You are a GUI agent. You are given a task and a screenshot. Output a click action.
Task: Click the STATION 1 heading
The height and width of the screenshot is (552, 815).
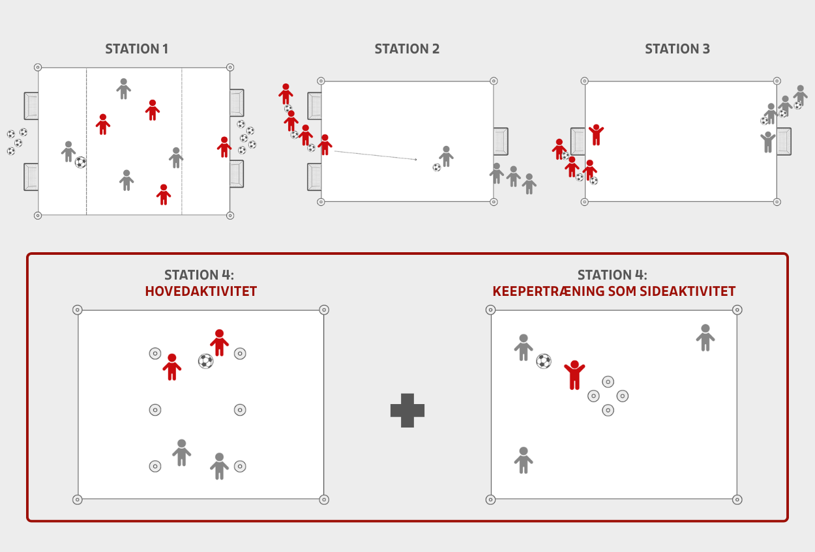click(x=137, y=49)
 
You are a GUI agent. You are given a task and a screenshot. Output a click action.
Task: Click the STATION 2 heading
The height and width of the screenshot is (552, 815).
click(x=407, y=49)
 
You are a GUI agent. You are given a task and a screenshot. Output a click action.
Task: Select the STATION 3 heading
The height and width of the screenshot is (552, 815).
click(x=677, y=49)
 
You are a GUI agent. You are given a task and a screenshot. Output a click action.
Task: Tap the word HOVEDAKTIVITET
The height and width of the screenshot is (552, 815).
click(x=201, y=291)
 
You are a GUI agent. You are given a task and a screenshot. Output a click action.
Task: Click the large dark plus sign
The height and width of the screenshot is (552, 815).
click(x=407, y=411)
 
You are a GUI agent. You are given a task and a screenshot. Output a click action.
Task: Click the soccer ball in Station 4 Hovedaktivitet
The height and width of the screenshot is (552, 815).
click(x=205, y=361)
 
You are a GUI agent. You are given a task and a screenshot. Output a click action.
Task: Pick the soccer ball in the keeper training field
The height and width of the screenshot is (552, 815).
click(x=544, y=361)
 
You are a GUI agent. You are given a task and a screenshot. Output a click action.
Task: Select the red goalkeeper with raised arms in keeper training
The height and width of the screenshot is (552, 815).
click(x=574, y=375)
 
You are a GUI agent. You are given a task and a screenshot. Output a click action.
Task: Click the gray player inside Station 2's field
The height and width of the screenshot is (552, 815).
click(x=446, y=156)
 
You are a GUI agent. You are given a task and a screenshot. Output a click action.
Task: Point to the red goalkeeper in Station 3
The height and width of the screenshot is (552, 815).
click(x=596, y=135)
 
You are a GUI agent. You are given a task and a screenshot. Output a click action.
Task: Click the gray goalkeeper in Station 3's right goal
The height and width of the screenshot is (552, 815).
click(x=768, y=142)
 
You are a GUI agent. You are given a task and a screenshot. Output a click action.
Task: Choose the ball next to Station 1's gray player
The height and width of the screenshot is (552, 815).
click(x=81, y=162)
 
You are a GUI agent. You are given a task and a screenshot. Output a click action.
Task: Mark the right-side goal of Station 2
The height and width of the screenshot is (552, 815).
click(x=501, y=141)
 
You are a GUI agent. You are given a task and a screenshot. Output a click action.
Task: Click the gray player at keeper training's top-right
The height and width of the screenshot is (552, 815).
click(x=705, y=338)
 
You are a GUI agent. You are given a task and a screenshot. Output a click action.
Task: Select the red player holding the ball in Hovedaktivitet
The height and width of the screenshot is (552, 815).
click(x=219, y=343)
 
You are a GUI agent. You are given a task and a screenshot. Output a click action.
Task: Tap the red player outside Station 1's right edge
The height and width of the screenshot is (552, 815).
click(x=224, y=147)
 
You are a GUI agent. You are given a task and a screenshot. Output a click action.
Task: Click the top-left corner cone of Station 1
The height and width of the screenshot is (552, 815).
click(x=38, y=67)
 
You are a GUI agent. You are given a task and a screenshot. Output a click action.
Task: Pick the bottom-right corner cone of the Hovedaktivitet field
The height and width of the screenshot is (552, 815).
click(x=324, y=500)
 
